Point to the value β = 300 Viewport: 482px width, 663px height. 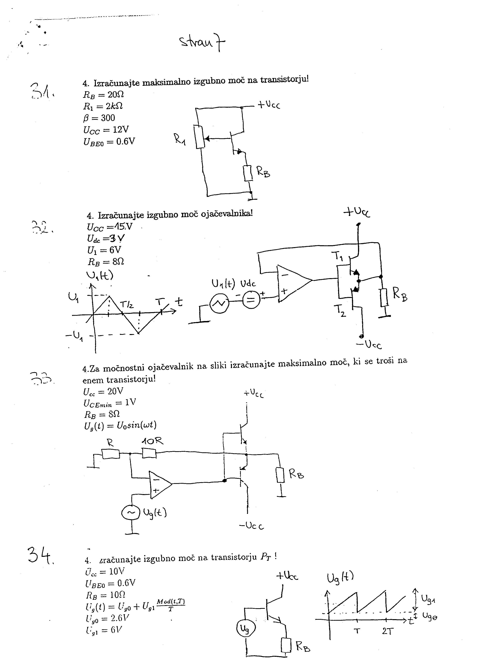99,118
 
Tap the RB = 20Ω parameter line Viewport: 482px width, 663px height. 104,95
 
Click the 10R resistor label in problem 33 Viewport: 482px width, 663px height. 152,441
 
